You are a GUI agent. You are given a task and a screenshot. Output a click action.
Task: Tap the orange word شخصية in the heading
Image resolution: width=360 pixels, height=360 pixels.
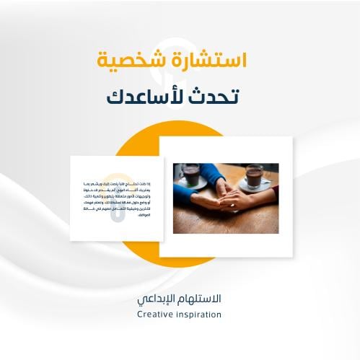[133, 61]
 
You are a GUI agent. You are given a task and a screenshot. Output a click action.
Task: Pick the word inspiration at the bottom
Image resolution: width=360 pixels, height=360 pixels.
[198, 315]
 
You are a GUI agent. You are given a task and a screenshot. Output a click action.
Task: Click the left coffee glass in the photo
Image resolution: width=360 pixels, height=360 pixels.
[191, 175]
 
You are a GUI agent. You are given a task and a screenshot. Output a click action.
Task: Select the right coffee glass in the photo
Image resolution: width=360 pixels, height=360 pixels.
[255, 174]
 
